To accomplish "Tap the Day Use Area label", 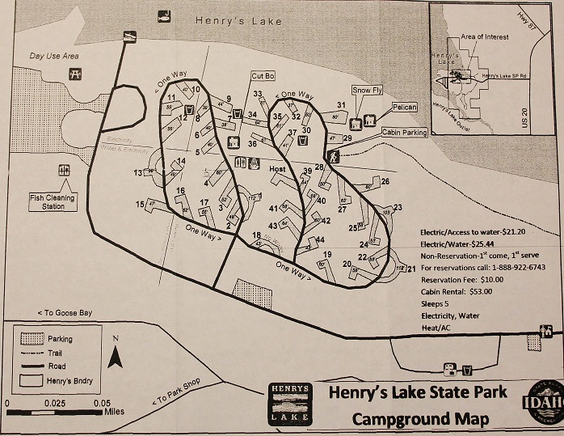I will point(54,56).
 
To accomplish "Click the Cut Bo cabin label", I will point(263,75).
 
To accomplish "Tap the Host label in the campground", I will point(278,169).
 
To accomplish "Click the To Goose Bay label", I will point(65,312).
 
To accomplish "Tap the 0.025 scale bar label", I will point(55,403).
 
